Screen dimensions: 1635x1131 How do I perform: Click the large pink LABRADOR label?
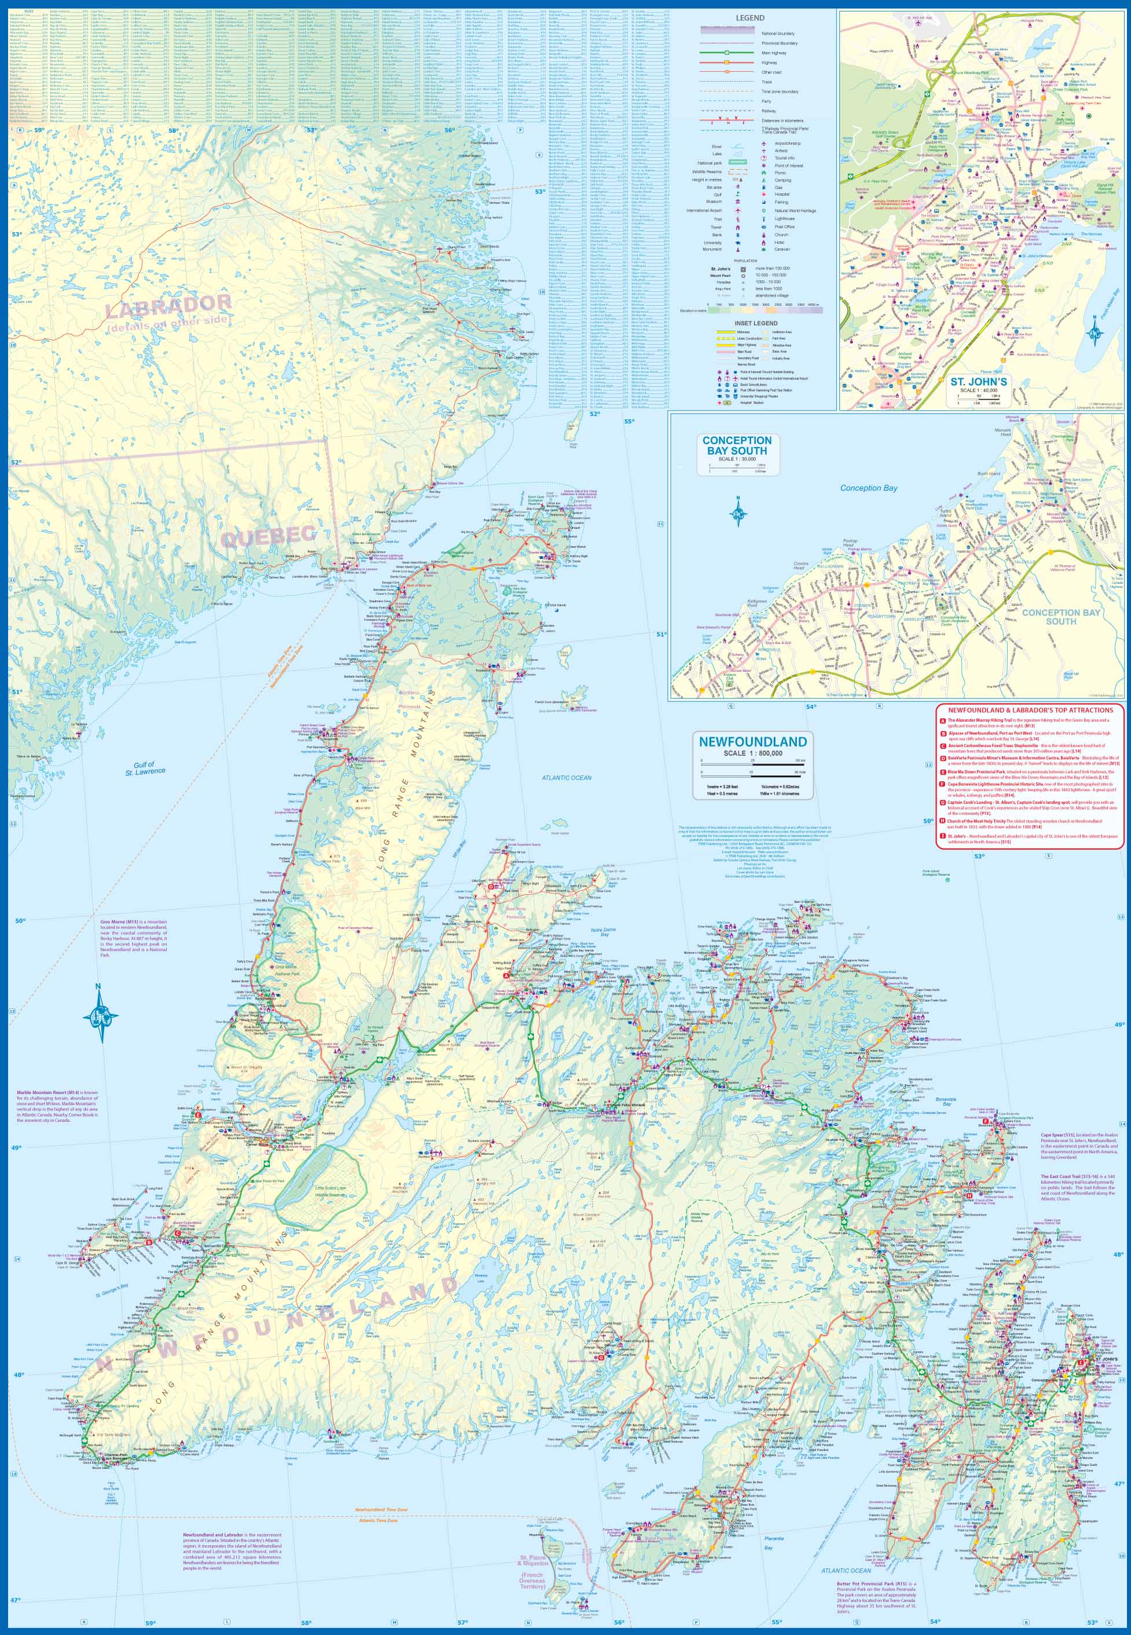click(169, 304)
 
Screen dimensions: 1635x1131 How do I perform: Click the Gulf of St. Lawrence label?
click(145, 767)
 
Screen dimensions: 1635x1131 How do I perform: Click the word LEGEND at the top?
click(750, 18)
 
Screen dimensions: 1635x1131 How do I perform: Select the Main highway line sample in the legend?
click(726, 53)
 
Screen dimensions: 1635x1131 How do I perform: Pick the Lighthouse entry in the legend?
click(784, 219)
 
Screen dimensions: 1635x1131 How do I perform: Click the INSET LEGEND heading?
click(755, 323)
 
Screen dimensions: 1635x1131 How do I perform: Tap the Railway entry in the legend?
click(768, 111)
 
